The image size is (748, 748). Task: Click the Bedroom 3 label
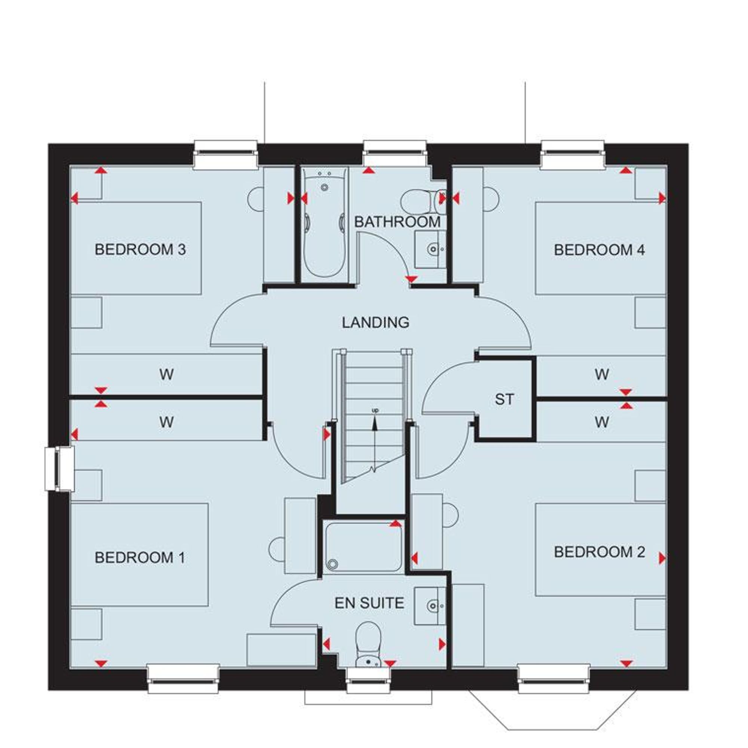point(140,250)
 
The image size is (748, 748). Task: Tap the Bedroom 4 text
point(599,250)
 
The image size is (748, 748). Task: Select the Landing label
point(375,322)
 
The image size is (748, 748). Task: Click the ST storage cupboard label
point(504,399)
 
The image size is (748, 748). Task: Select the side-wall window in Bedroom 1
point(59,469)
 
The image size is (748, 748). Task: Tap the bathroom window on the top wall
point(395,153)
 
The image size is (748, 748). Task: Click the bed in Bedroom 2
point(600,550)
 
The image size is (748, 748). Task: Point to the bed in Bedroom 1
point(140,554)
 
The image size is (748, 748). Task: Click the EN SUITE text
point(369,603)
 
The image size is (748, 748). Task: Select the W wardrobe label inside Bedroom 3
point(166,374)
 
